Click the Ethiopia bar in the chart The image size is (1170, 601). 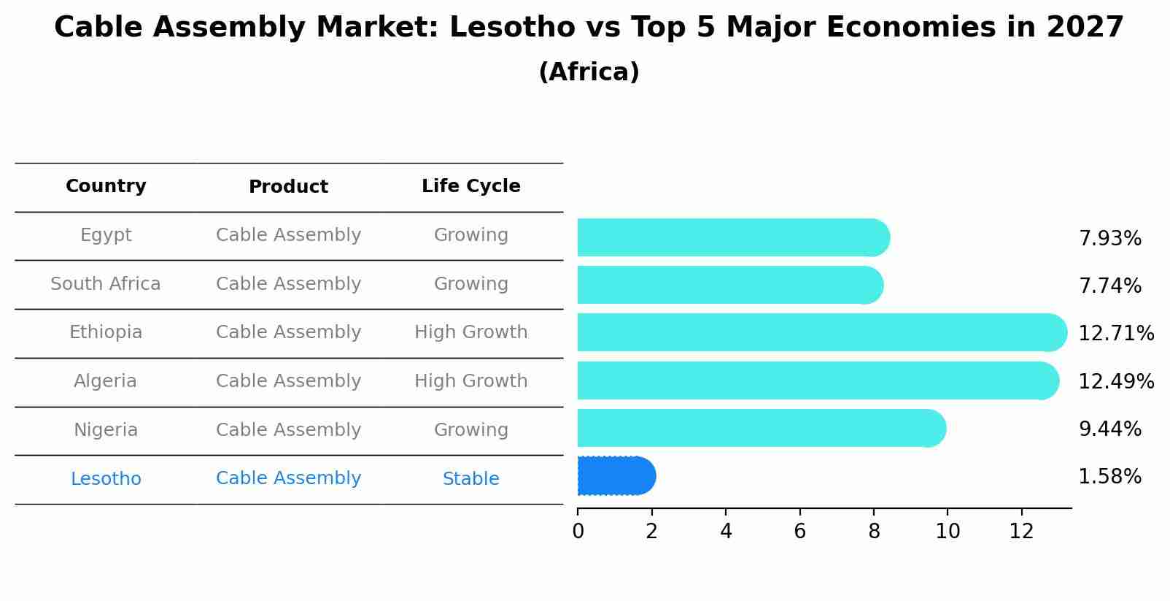coord(817,332)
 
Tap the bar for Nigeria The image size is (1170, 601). coord(759,428)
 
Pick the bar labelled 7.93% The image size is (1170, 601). coord(729,237)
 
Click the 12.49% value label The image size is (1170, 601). coord(1115,381)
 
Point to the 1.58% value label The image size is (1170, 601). coord(1109,477)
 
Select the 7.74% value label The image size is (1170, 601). coord(1109,286)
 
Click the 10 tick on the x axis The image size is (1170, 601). coord(948,532)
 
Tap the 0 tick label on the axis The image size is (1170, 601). coord(578,532)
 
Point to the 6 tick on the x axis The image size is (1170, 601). coord(799,532)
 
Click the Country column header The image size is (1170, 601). coord(106,186)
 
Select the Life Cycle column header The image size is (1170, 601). coord(470,186)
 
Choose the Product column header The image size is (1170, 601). coord(288,187)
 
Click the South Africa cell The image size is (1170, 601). coord(106,284)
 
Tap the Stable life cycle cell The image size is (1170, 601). coord(470,479)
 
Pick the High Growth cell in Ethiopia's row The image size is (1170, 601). coord(470,332)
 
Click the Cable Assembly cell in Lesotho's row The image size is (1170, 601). coord(288,478)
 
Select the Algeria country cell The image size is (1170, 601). coord(106,381)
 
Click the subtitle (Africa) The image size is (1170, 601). coord(589,72)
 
